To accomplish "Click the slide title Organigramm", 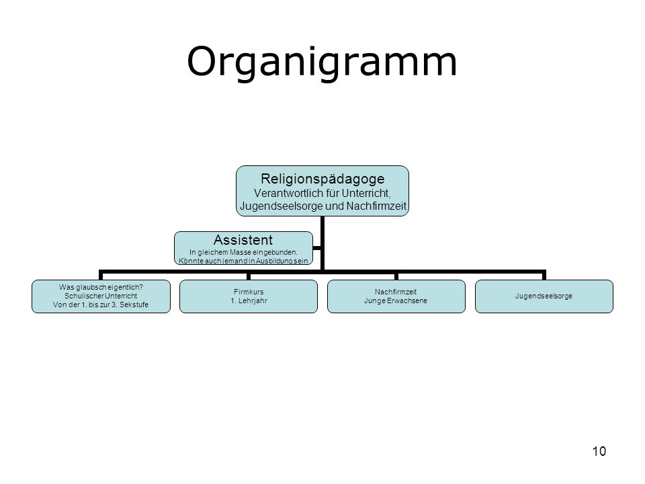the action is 322,63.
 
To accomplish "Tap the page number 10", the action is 599,451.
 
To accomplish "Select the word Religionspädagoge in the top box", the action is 322,179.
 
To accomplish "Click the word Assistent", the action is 243,239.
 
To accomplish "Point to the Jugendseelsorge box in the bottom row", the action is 544,296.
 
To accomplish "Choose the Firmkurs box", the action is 249,296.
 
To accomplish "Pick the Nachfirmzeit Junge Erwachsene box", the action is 396,296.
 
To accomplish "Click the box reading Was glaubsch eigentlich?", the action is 101,296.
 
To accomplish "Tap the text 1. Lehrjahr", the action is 249,301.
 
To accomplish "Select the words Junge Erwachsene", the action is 396,301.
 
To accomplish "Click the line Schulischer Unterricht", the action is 101,296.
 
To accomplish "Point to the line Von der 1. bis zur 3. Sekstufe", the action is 101,305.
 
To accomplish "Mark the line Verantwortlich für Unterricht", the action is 322,193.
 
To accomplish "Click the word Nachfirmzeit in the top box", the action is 376,206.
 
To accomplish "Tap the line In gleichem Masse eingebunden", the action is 243,252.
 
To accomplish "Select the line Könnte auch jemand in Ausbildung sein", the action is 243,261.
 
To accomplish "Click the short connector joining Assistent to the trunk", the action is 316,248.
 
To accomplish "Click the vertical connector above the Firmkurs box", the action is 249,276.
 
